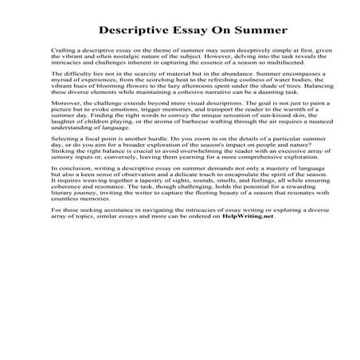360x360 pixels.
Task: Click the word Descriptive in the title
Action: pos(136,31)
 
